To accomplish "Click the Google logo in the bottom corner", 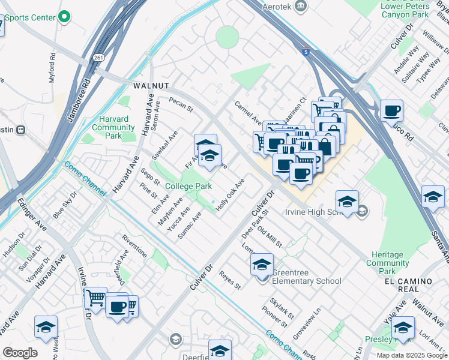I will point(20,353).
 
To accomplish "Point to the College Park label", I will point(188,187).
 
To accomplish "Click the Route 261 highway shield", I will point(98,58).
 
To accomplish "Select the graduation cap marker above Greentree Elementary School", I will point(262,265).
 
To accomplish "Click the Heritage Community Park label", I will point(388,263).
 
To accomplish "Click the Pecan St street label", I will point(181,104).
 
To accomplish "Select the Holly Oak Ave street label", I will point(231,193).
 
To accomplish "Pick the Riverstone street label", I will point(134,247).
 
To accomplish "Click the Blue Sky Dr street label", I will point(65,204).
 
